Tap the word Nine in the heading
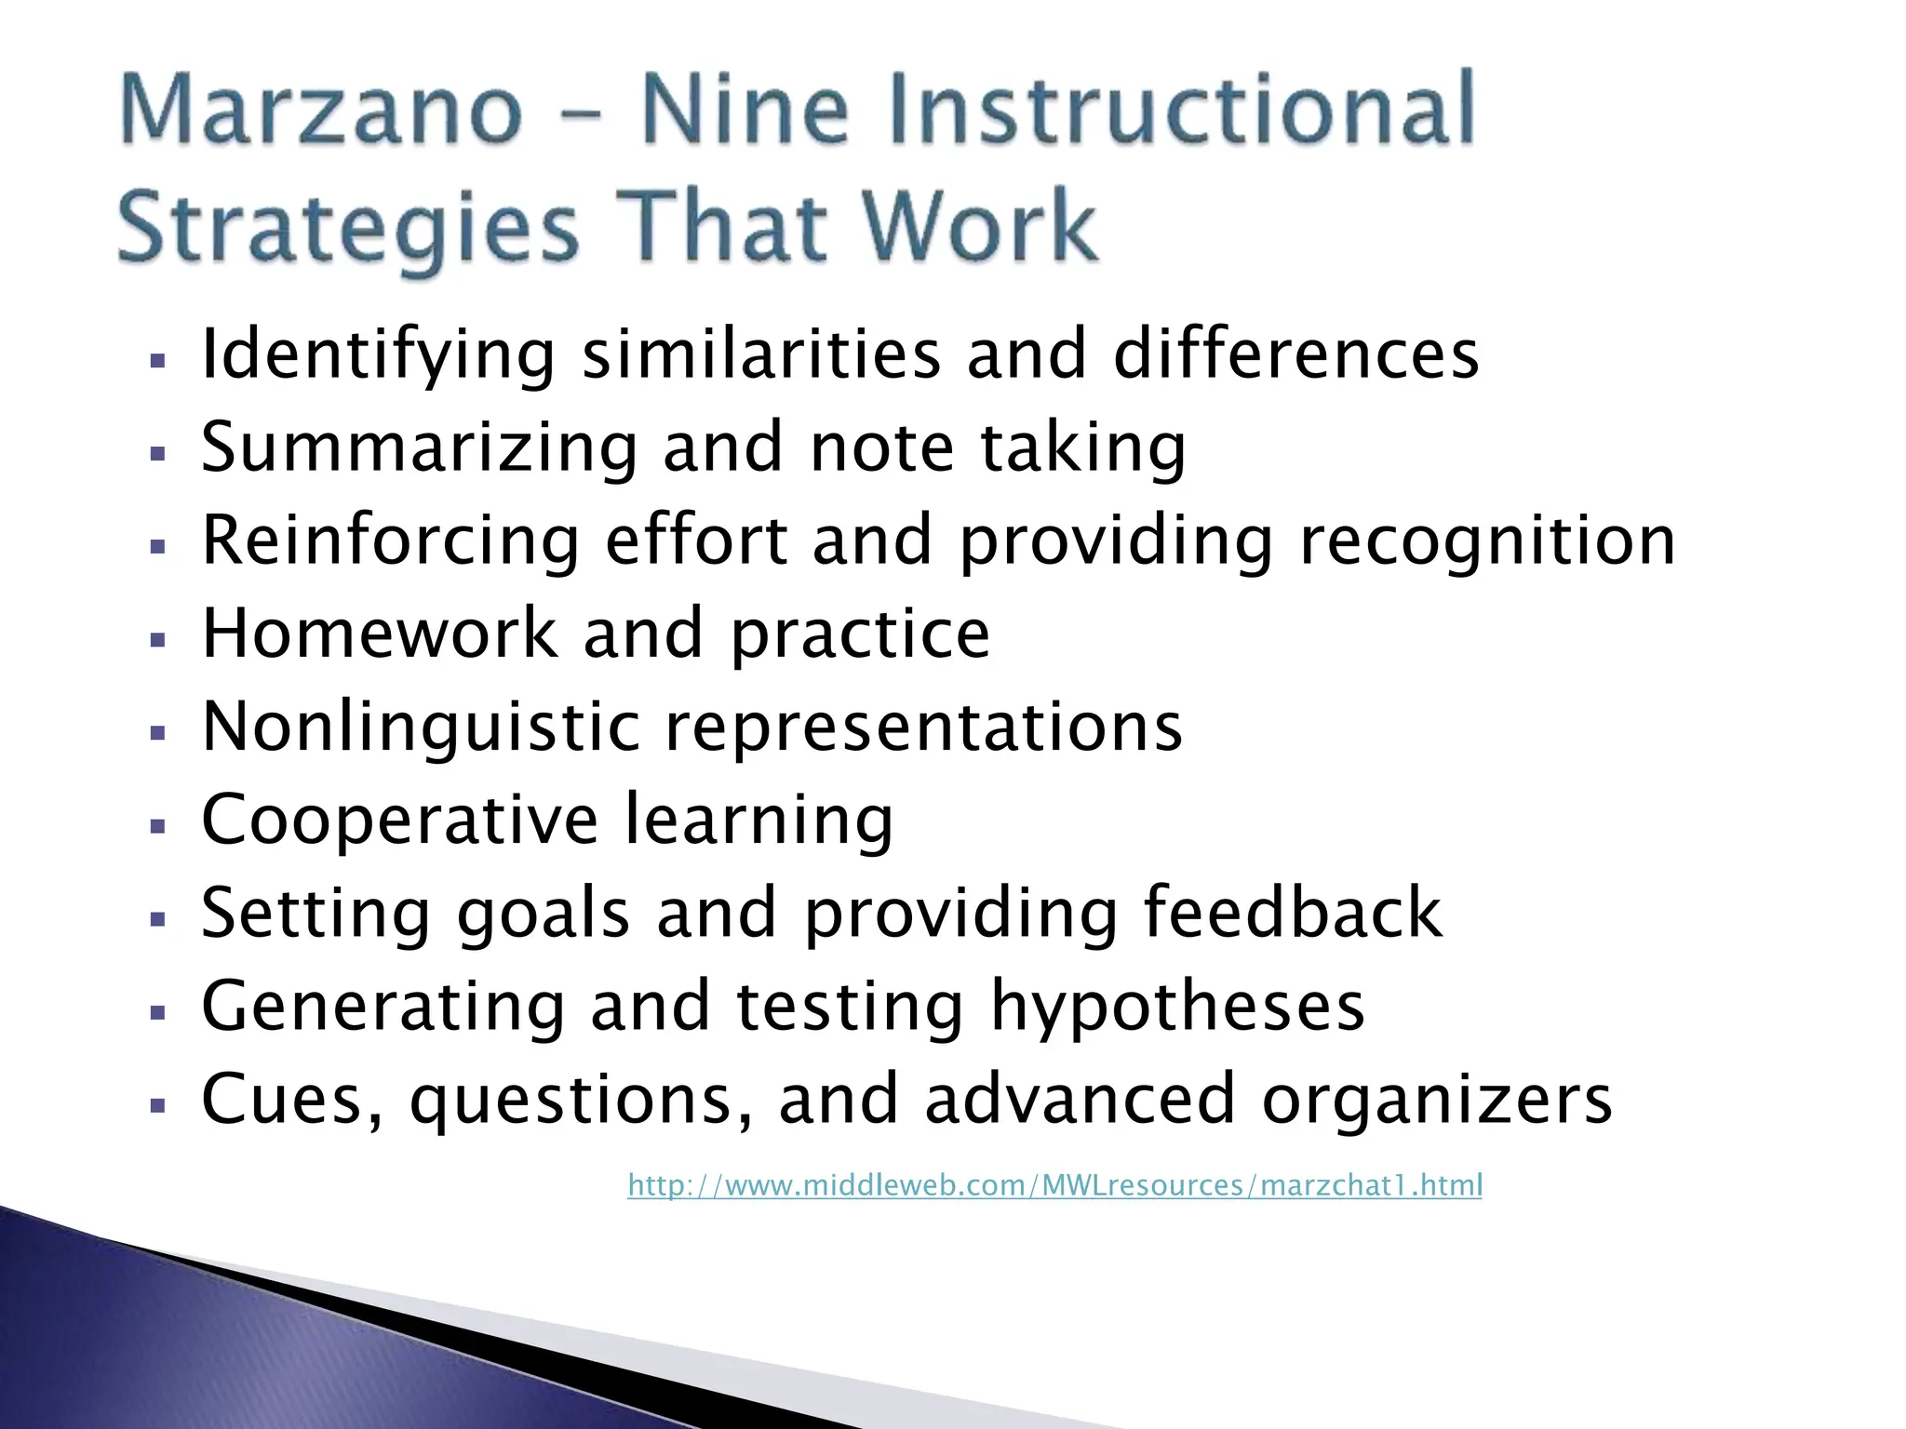click(745, 110)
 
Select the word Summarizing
click(419, 449)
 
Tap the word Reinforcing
click(391, 542)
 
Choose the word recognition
click(1487, 542)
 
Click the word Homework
click(379, 634)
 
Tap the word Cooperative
click(399, 820)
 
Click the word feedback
click(1293, 913)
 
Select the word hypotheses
click(1177, 1008)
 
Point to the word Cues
click(291, 1101)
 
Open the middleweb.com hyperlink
click(1054, 1185)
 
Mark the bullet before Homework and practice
click(157, 640)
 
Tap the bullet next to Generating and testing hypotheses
click(157, 1012)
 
